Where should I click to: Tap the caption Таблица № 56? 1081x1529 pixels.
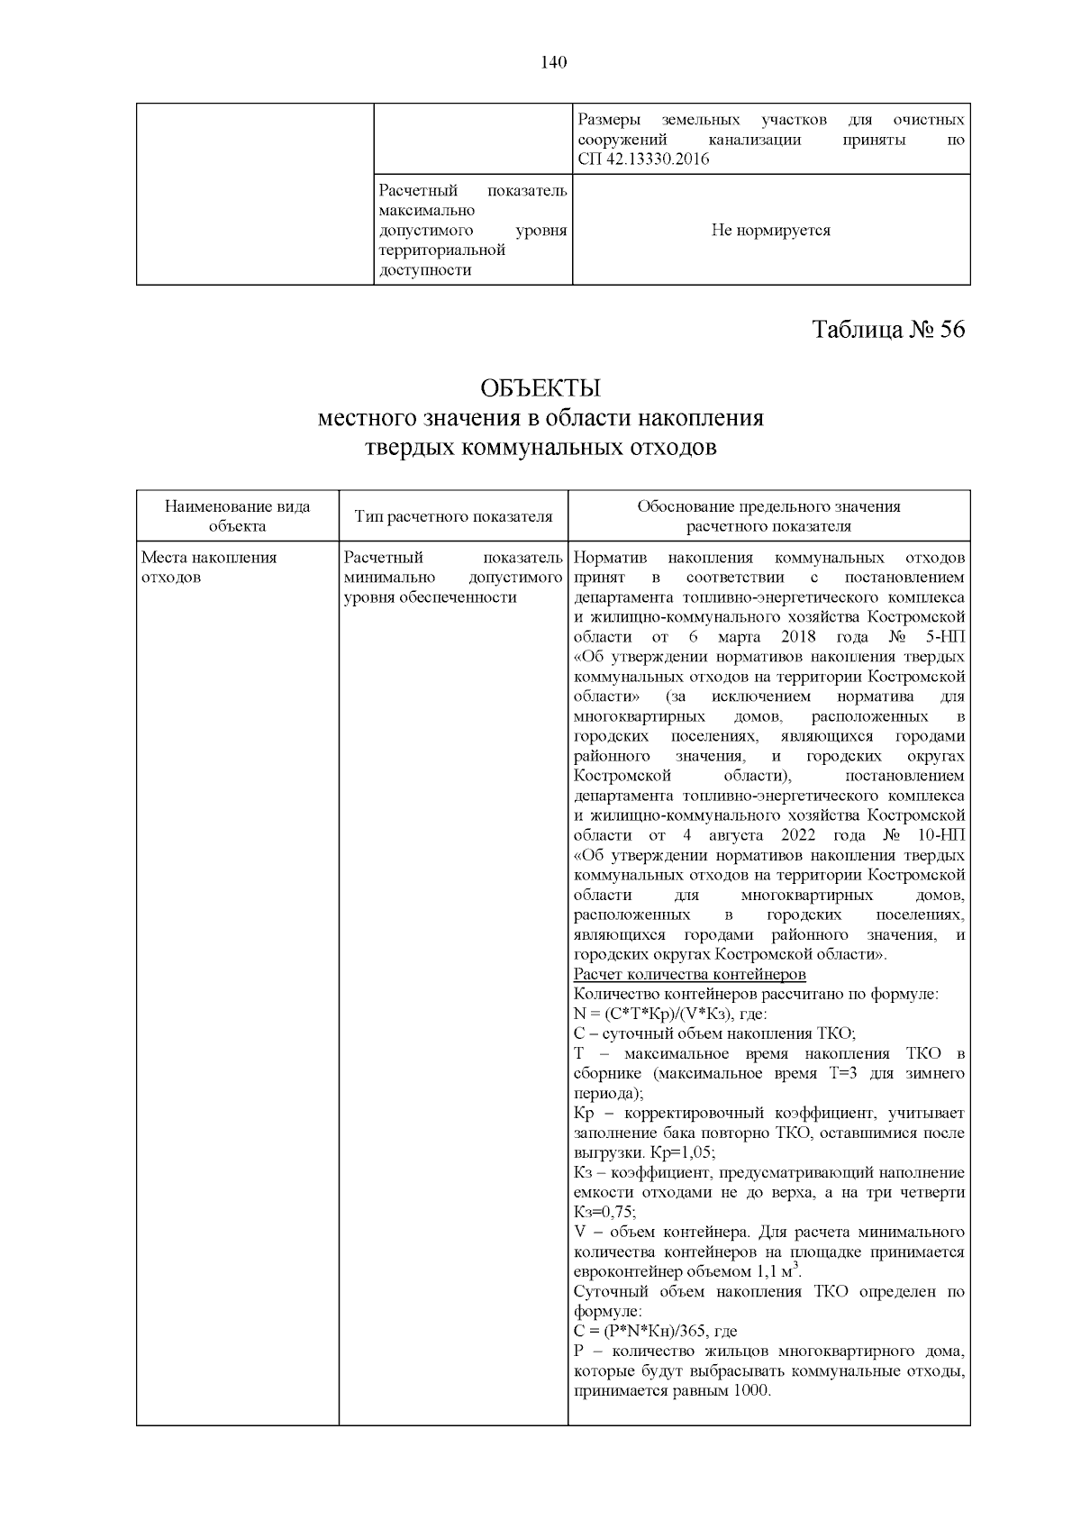point(888,330)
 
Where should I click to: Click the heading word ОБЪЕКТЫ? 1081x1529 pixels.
point(540,388)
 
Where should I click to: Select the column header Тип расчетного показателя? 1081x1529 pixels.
point(453,516)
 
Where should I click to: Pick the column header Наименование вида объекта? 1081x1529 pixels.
point(237,516)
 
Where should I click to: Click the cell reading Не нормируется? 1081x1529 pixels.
point(770,231)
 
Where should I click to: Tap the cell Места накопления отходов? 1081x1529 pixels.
point(209,567)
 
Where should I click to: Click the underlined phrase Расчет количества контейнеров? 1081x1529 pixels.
point(689,975)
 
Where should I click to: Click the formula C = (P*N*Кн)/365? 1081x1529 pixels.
point(642,1332)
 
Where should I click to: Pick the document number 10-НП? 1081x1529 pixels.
point(939,835)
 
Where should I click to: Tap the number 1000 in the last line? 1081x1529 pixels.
point(751,1391)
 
